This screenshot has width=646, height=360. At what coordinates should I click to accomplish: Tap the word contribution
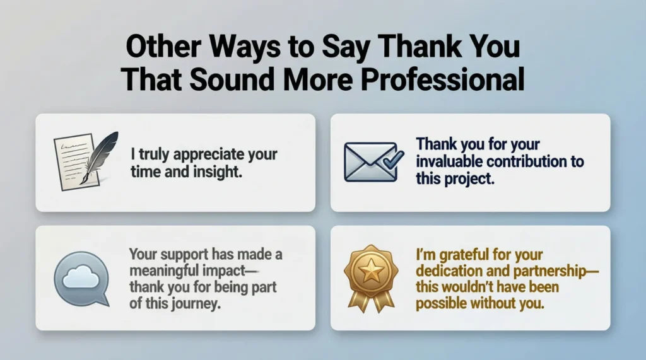529,162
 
